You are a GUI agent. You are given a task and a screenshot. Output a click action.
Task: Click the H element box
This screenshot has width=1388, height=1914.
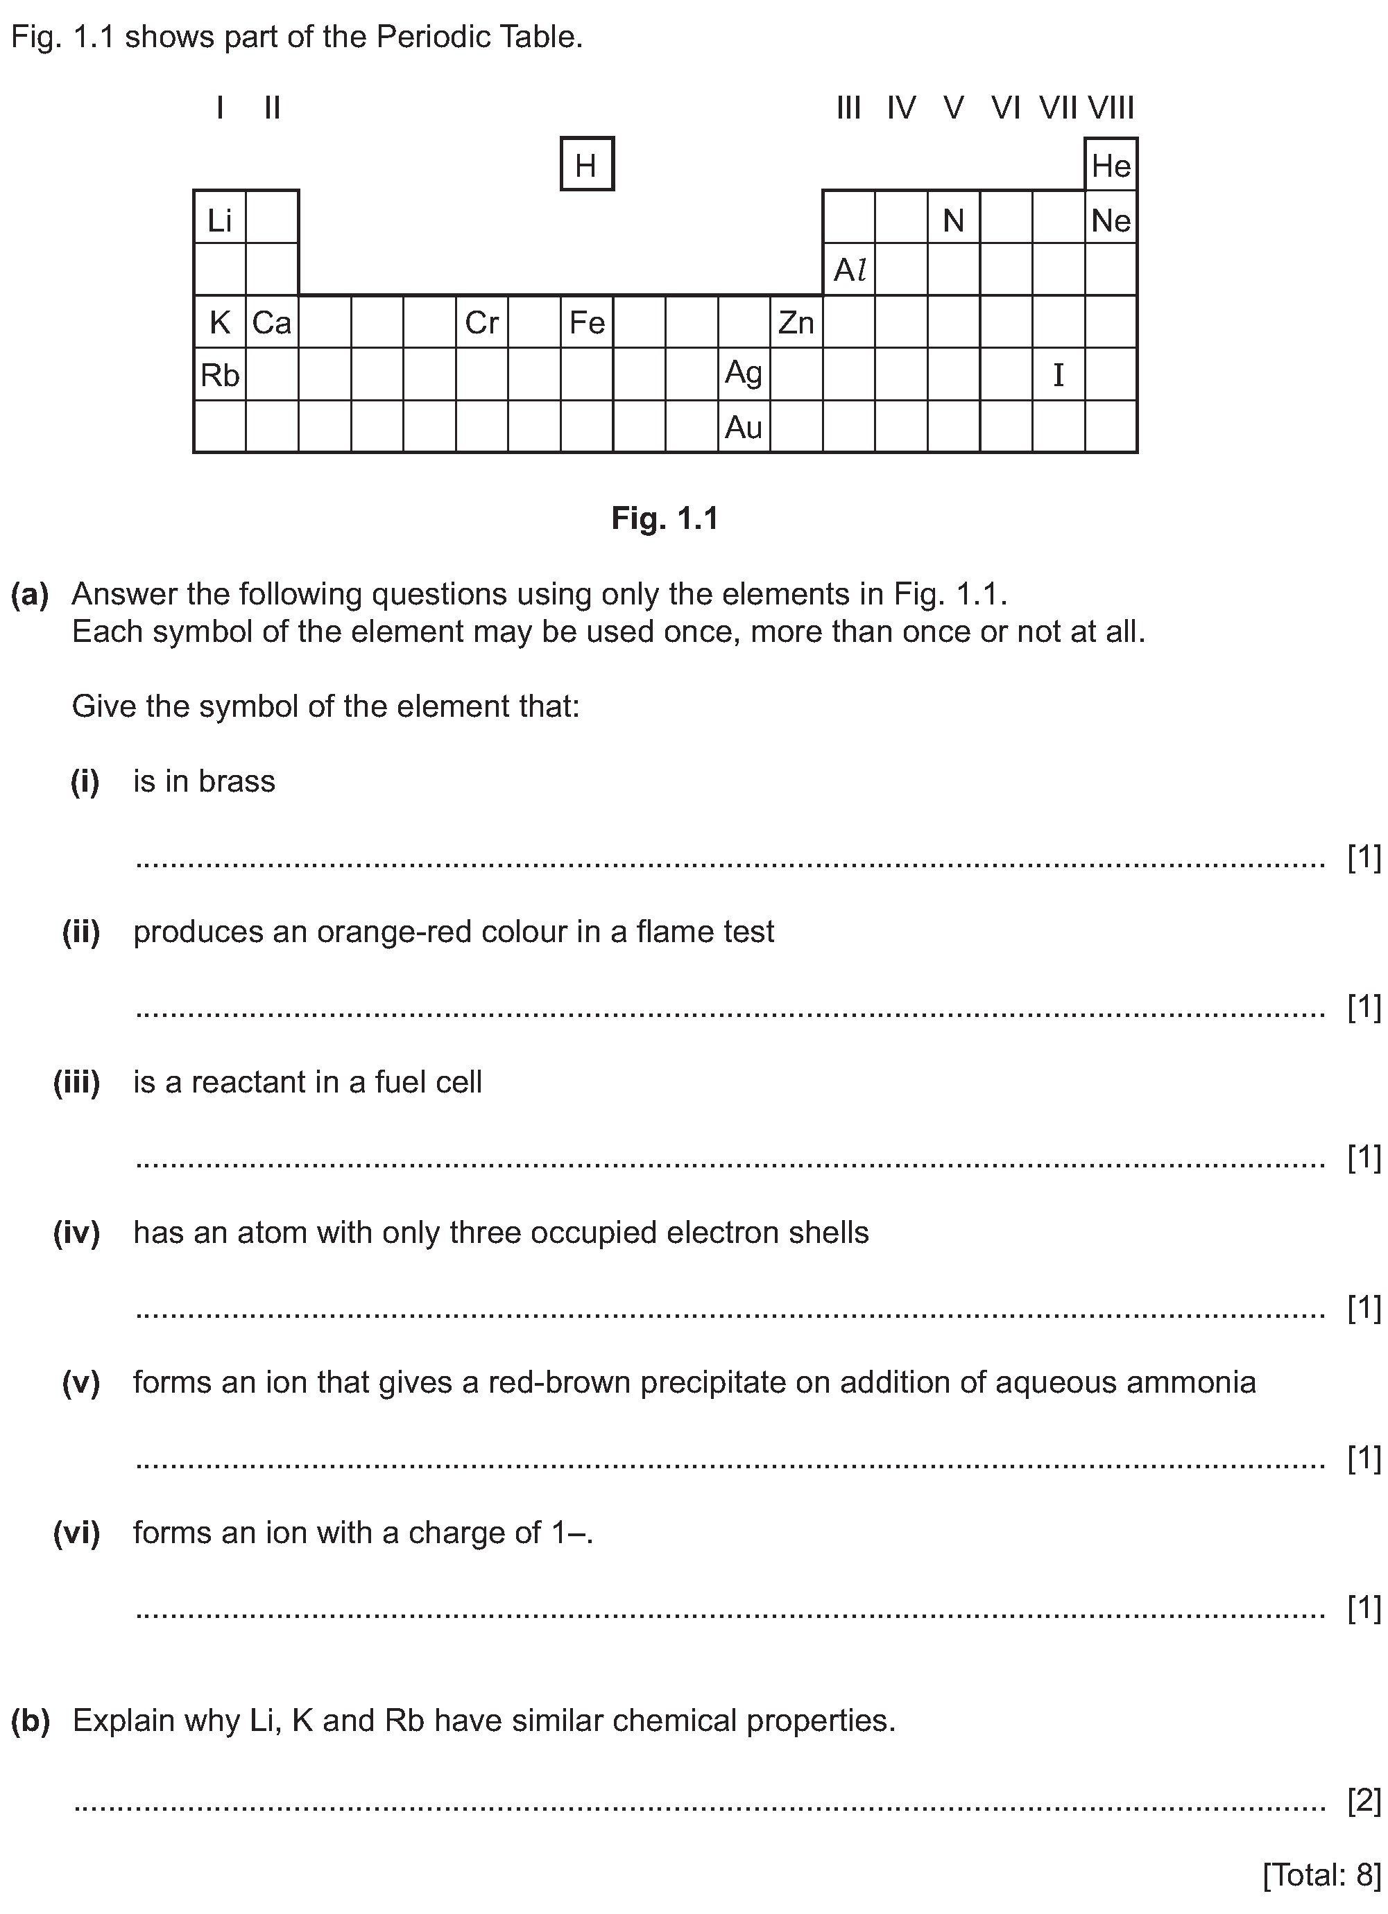(x=587, y=164)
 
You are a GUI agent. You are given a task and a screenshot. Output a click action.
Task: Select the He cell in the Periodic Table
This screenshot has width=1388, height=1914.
(x=1111, y=166)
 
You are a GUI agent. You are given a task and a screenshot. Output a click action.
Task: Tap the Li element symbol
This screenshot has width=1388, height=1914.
(x=219, y=220)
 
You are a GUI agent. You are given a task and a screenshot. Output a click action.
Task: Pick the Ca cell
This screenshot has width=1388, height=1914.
(x=272, y=322)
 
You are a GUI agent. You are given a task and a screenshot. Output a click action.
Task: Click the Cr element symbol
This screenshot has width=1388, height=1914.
(x=482, y=322)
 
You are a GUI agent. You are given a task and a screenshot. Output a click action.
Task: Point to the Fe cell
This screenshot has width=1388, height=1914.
(x=587, y=322)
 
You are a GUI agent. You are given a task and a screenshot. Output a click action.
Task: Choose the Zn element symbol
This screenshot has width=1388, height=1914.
(x=796, y=322)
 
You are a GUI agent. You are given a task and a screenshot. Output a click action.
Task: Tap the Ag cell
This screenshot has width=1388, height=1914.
(x=744, y=373)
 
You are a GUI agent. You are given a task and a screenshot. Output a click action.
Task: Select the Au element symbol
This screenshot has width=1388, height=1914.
(x=744, y=427)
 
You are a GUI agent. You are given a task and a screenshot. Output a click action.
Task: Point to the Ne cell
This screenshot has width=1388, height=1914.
(x=1111, y=220)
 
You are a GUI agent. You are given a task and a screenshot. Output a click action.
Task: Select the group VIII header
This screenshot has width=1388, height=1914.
(x=1111, y=108)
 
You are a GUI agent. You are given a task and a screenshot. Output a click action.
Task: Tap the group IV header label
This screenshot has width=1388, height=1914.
(x=902, y=108)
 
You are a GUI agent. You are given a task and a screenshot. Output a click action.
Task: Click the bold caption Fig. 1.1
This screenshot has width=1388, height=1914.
(x=665, y=517)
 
